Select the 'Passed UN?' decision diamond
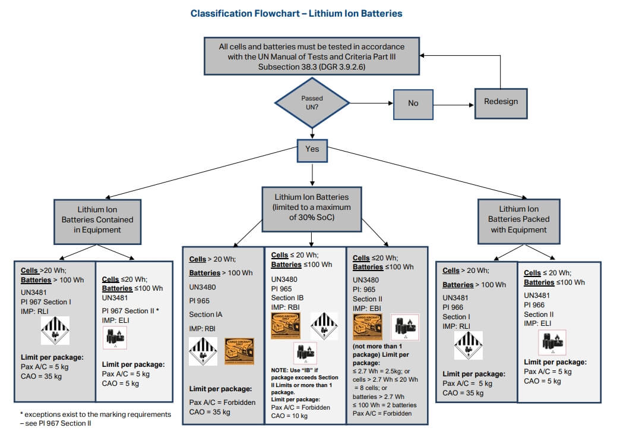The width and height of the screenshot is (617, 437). [x=312, y=103]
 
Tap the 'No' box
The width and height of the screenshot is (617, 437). [x=413, y=103]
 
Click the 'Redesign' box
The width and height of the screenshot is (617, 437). [x=501, y=101]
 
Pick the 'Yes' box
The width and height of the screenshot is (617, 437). [x=312, y=149]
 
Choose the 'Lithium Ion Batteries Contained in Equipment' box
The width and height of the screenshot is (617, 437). [x=97, y=220]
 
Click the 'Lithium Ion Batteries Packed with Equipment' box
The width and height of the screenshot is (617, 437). [x=519, y=219]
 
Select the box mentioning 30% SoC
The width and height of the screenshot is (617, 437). [x=312, y=208]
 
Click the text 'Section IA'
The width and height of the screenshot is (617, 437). [x=205, y=315]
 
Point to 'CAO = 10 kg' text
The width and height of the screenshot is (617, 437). [x=289, y=416]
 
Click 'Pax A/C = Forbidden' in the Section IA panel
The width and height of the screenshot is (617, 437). [x=222, y=403]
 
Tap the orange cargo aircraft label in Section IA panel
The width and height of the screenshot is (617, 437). [x=239, y=351]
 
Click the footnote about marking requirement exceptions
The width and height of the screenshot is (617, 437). [x=92, y=419]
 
